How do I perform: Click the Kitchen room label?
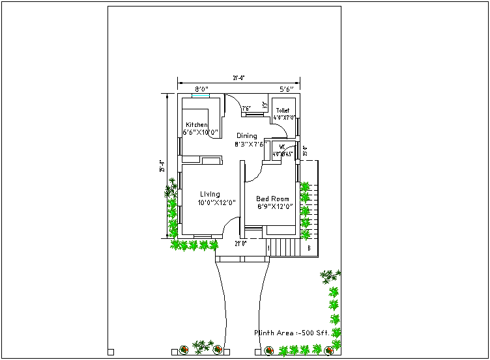click(197, 125)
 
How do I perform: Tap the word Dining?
click(246, 136)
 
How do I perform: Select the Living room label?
click(210, 194)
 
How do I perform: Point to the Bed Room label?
click(272, 199)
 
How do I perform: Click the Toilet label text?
click(282, 111)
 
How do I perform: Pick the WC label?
click(282, 146)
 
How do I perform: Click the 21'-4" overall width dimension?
click(238, 79)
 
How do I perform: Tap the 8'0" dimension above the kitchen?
click(201, 89)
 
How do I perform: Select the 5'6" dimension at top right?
click(289, 89)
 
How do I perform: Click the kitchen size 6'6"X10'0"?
click(200, 132)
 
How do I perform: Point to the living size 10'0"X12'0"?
click(216, 202)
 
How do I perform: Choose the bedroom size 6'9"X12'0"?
click(274, 207)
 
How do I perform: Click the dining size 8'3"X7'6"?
click(252, 144)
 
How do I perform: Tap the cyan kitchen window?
click(201, 96)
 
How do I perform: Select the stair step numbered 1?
click(268, 248)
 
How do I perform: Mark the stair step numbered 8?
click(309, 248)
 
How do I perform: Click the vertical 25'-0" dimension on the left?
click(162, 167)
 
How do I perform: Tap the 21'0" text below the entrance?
click(240, 243)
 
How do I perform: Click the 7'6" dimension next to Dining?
click(247, 108)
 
